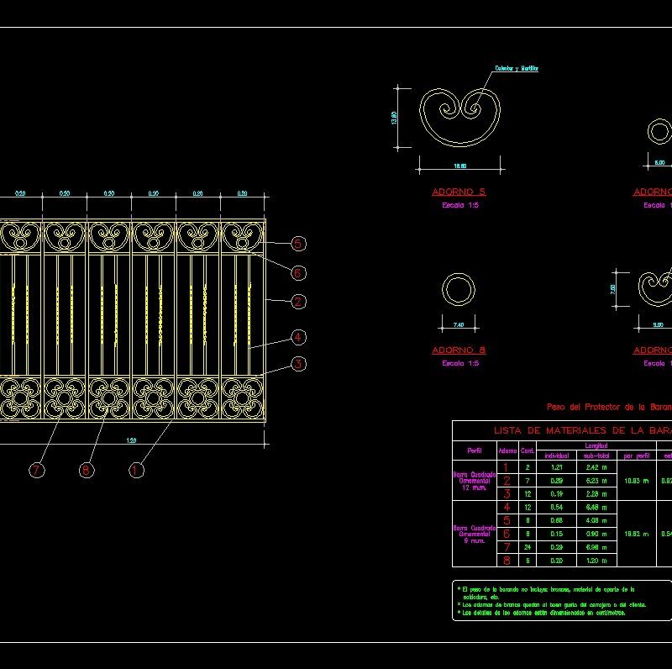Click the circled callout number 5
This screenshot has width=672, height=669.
(x=298, y=244)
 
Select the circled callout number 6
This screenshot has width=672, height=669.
(x=298, y=272)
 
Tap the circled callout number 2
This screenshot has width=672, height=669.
(x=298, y=301)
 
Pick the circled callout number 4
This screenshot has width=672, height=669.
(x=298, y=337)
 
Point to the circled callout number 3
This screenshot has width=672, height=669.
(x=298, y=364)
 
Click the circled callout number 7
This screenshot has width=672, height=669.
(x=36, y=470)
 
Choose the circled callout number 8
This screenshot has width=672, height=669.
(x=86, y=470)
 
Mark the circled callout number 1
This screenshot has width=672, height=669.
(x=136, y=470)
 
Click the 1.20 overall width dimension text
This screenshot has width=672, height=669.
(x=132, y=441)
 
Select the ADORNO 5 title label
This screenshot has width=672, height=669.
(x=459, y=192)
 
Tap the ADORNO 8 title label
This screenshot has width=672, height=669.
(x=459, y=350)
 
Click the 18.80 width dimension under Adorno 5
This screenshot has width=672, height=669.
(x=459, y=166)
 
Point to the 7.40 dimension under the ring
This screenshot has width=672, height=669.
(x=458, y=324)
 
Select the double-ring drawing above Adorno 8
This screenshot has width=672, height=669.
(x=459, y=290)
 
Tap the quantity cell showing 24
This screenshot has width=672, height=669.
(x=528, y=547)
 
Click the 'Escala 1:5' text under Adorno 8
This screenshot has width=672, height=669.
(x=459, y=363)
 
